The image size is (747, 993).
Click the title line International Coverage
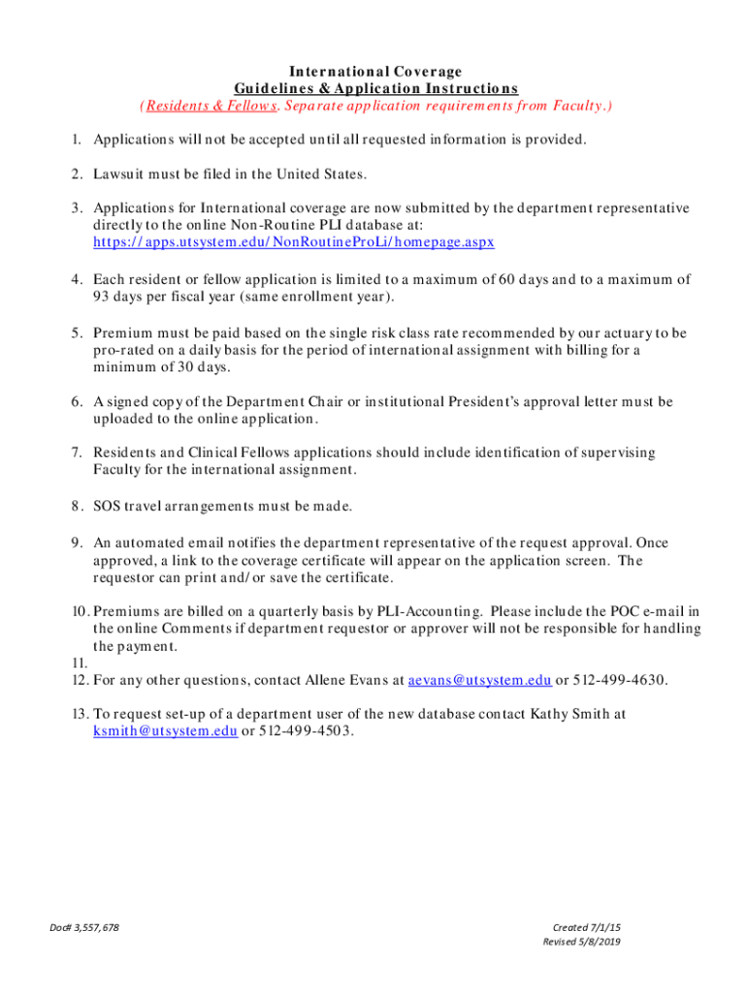coord(374,72)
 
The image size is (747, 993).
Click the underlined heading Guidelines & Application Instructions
coord(375,88)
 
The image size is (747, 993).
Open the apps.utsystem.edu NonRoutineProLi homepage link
coord(293,241)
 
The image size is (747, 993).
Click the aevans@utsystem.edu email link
coord(480,680)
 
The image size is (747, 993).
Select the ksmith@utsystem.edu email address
coord(165,731)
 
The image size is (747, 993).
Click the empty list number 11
coord(79,663)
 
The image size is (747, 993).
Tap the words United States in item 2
coord(321,175)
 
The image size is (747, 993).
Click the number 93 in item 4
coord(102,297)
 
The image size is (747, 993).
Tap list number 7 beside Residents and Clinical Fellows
coord(75,453)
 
